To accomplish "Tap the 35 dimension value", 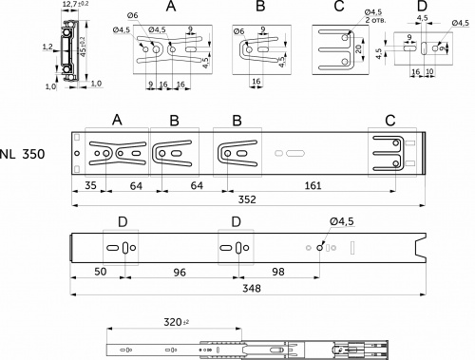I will click(90, 185).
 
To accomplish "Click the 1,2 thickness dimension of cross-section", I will click(47, 45).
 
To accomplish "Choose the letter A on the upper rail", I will click(117, 120).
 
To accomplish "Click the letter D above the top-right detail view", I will click(422, 8).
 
